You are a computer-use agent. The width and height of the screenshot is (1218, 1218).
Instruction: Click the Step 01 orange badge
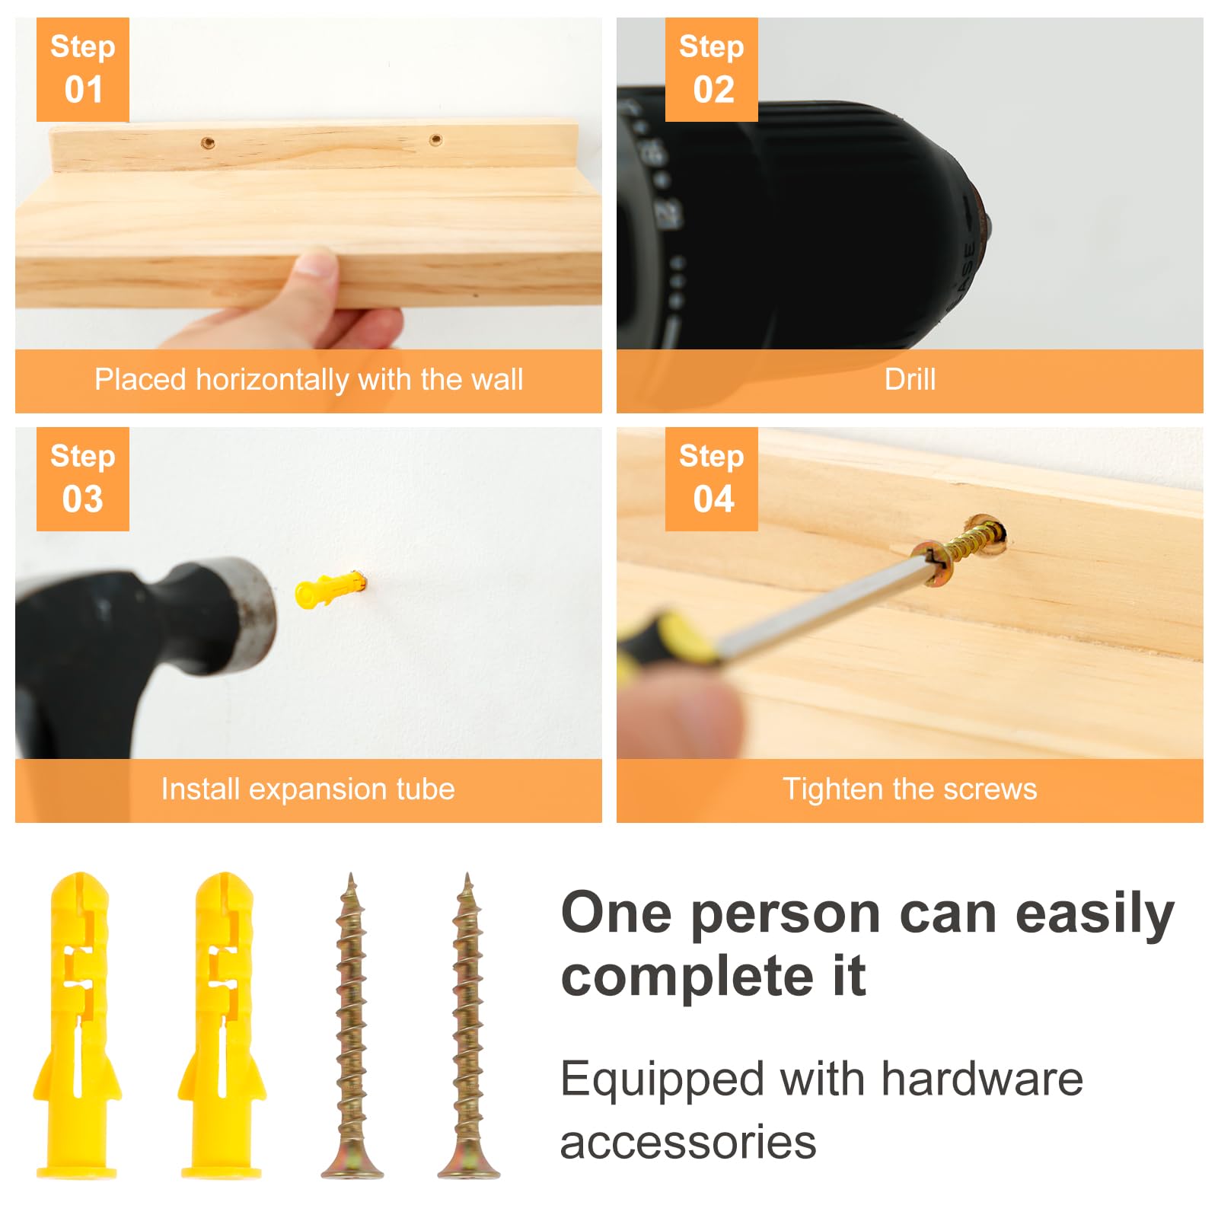[83, 69]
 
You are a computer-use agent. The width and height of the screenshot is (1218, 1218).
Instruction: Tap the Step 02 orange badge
[711, 69]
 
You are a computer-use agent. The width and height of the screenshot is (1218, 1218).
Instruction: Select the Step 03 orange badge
[83, 479]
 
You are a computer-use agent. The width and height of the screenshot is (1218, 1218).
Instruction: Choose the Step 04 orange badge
[711, 479]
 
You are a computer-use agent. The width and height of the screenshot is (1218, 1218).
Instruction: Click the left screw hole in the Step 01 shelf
[207, 142]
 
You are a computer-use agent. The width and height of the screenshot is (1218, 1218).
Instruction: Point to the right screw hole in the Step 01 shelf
[435, 139]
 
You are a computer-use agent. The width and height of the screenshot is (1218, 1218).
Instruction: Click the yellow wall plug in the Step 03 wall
[330, 589]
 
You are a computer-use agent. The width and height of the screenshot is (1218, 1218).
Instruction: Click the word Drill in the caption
[910, 379]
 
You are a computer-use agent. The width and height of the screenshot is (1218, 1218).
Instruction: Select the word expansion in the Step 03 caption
[308, 790]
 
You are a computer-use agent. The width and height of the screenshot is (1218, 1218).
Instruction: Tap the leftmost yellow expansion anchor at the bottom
[77, 1025]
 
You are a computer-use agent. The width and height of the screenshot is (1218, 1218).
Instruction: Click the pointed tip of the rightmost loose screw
[467, 875]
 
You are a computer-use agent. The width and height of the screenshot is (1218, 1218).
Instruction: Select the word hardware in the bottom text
[982, 1079]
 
